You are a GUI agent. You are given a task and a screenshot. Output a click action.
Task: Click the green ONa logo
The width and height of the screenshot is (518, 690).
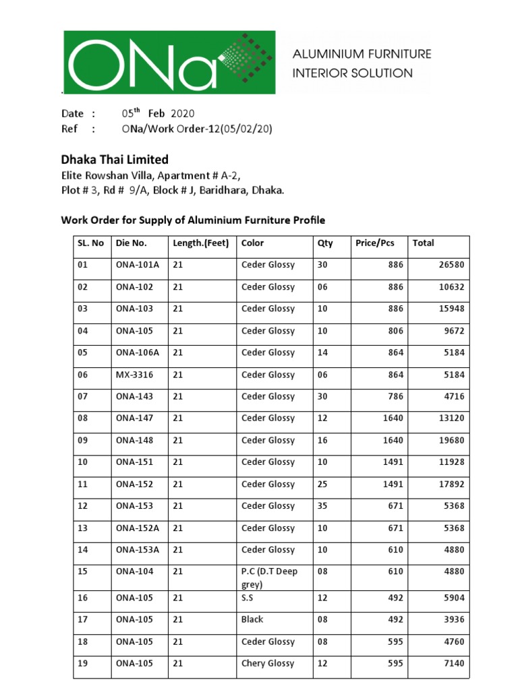(x=169, y=62)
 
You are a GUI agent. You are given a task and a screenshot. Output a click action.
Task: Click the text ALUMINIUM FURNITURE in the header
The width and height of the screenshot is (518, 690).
(x=361, y=54)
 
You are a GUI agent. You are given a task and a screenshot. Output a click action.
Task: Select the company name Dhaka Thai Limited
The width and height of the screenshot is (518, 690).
(x=115, y=160)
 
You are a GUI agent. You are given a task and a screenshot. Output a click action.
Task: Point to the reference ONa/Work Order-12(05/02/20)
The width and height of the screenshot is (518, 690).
(x=197, y=129)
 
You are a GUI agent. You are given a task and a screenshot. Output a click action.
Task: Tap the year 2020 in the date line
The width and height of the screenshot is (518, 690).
(x=183, y=113)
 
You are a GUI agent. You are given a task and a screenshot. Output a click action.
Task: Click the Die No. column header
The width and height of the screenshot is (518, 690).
(x=131, y=243)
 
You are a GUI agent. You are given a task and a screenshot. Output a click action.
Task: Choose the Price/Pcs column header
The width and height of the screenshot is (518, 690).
(x=374, y=243)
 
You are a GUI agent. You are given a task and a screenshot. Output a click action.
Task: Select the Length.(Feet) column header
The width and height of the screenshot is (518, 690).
(x=201, y=243)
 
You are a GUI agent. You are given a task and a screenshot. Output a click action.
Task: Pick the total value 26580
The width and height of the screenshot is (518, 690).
(x=451, y=265)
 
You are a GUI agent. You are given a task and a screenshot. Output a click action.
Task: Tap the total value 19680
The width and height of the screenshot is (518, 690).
(x=451, y=440)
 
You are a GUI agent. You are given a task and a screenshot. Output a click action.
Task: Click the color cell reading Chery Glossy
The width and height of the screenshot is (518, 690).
(x=268, y=664)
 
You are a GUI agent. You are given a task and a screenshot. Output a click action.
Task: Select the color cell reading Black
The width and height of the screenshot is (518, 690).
(x=252, y=619)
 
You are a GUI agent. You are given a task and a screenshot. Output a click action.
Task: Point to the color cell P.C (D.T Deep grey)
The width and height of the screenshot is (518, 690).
(x=269, y=578)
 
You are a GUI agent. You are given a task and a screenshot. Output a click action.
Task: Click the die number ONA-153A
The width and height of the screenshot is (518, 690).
(x=138, y=550)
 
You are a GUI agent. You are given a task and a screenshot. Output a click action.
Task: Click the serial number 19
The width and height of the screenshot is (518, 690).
(x=83, y=664)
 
